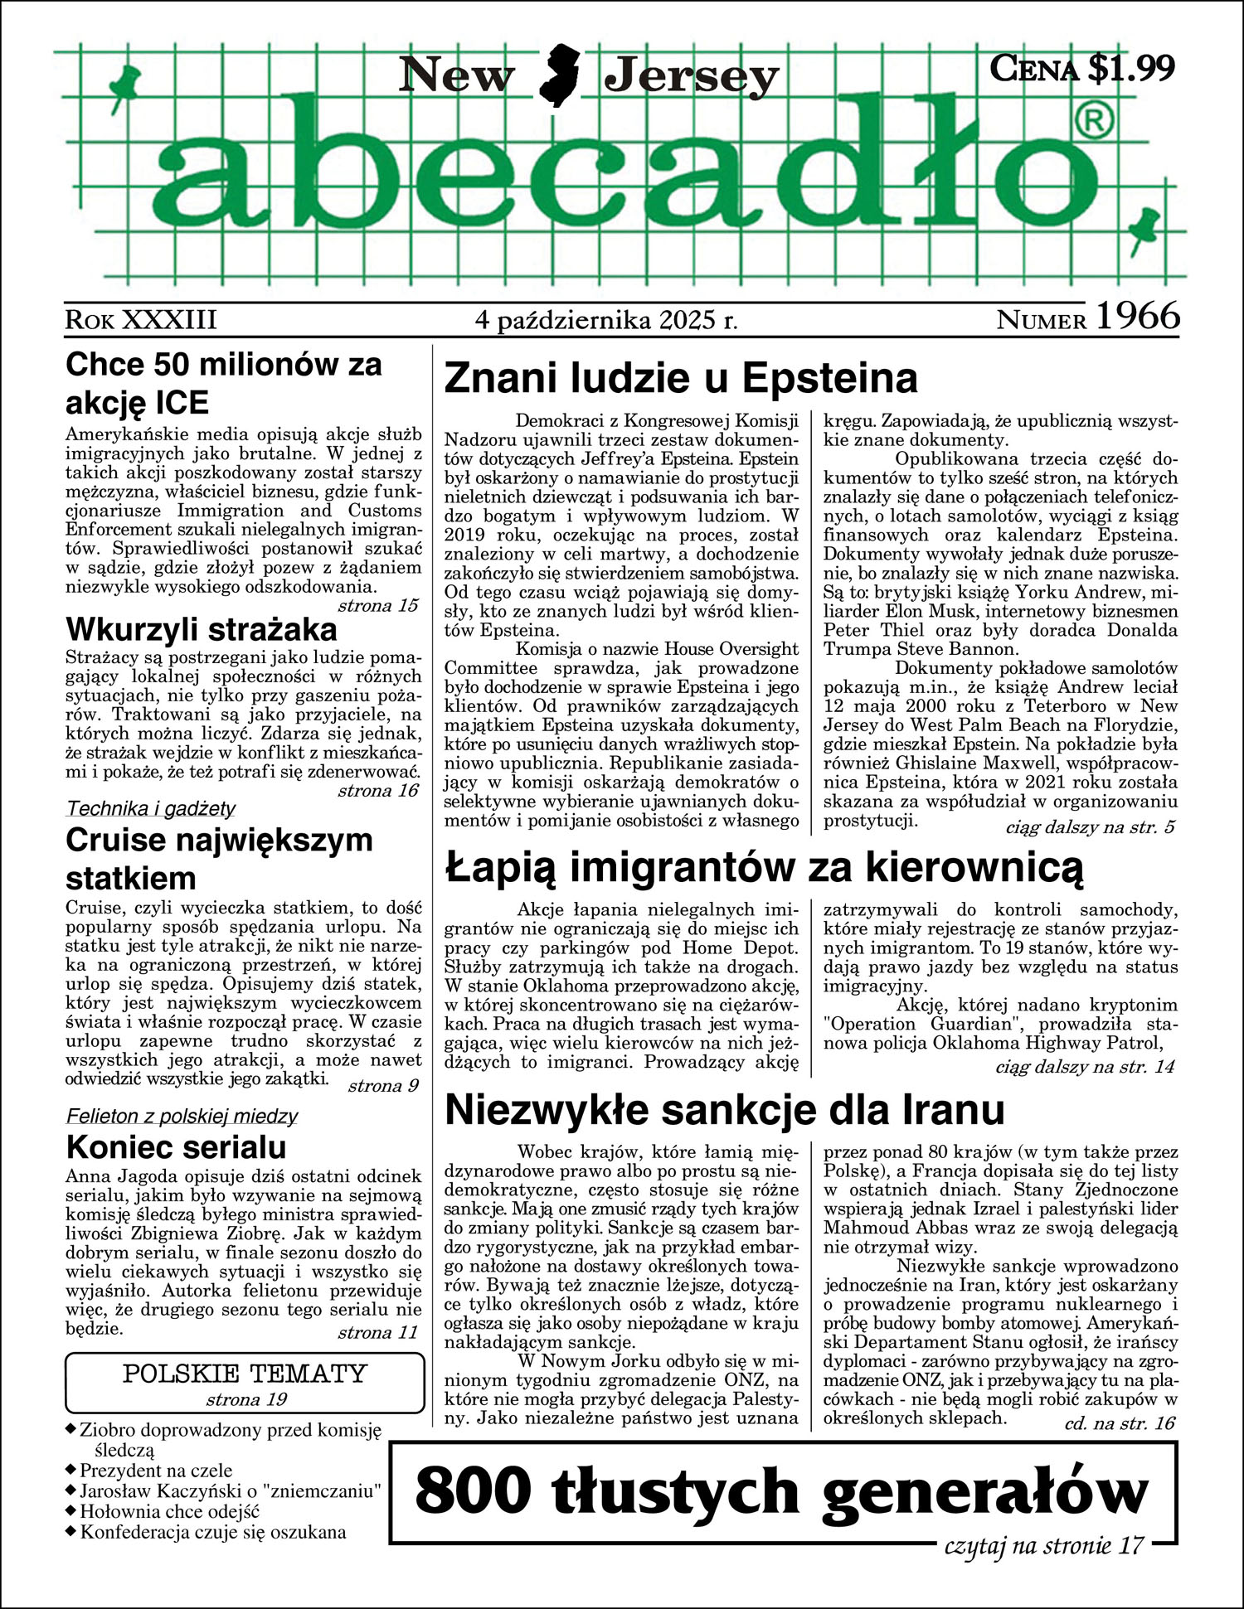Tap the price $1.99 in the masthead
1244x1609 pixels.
(1130, 68)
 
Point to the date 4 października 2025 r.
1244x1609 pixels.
(606, 320)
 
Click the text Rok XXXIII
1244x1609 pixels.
(141, 320)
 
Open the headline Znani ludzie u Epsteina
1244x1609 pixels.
(681, 379)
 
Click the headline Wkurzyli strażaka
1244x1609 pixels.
(202, 630)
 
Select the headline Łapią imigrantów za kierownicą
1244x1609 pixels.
(764, 868)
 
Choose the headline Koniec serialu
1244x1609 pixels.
(176, 1147)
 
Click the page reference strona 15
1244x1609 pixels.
(377, 605)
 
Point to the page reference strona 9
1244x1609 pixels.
(382, 1086)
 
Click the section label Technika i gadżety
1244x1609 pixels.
(151, 808)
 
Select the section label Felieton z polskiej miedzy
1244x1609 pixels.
(182, 1117)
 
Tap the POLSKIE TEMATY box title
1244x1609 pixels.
(245, 1374)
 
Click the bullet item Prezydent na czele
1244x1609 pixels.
(156, 1471)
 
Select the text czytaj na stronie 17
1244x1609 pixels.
(1044, 1545)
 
